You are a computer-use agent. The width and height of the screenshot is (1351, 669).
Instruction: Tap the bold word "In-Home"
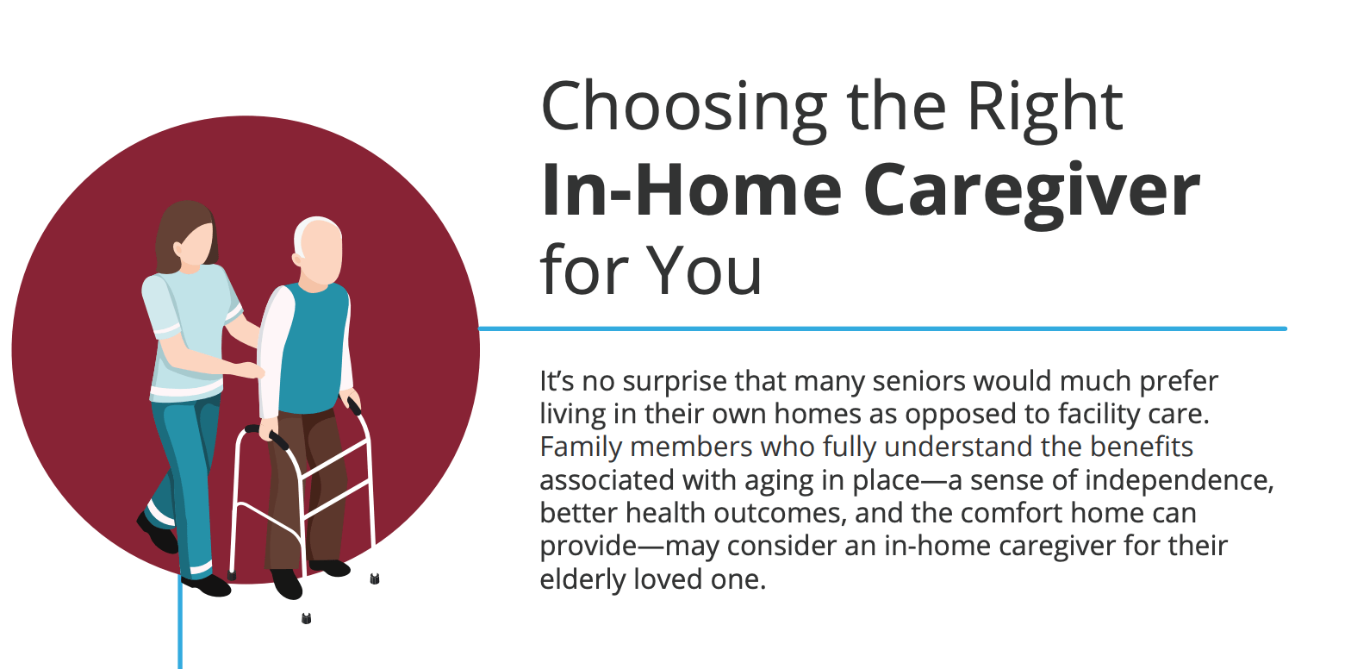(691, 190)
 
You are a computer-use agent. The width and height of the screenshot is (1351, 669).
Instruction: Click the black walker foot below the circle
(307, 618)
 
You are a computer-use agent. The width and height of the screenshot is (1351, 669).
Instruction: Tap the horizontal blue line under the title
(883, 328)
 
